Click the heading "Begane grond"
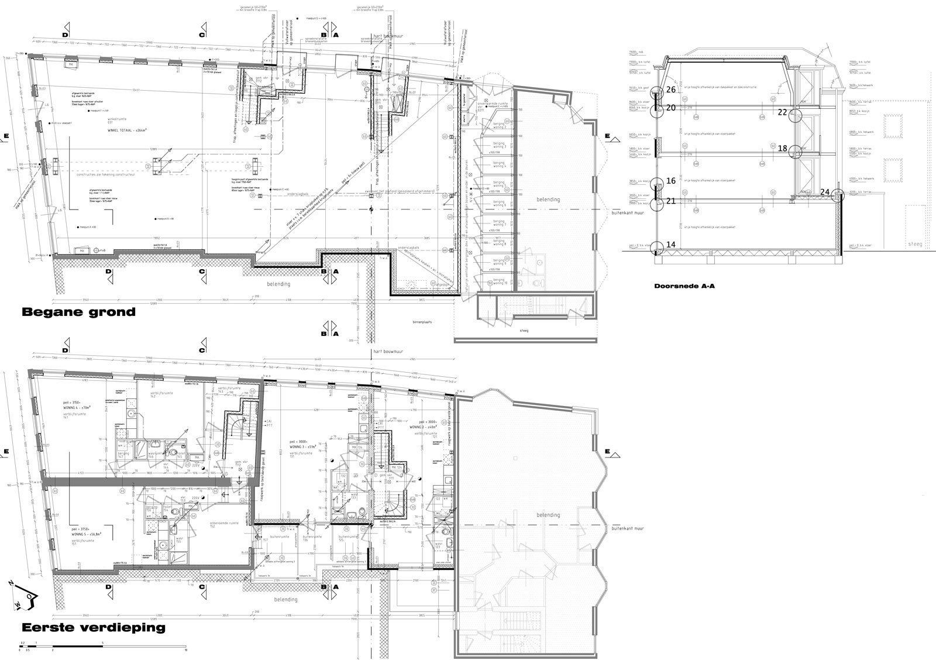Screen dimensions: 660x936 [x=78, y=312]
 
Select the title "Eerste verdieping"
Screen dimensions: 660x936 [x=93, y=628]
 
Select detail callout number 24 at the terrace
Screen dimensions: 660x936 [x=825, y=191]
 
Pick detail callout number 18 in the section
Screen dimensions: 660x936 [x=783, y=149]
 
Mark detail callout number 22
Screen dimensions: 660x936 [x=783, y=112]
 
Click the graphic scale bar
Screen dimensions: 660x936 [x=102, y=645]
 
